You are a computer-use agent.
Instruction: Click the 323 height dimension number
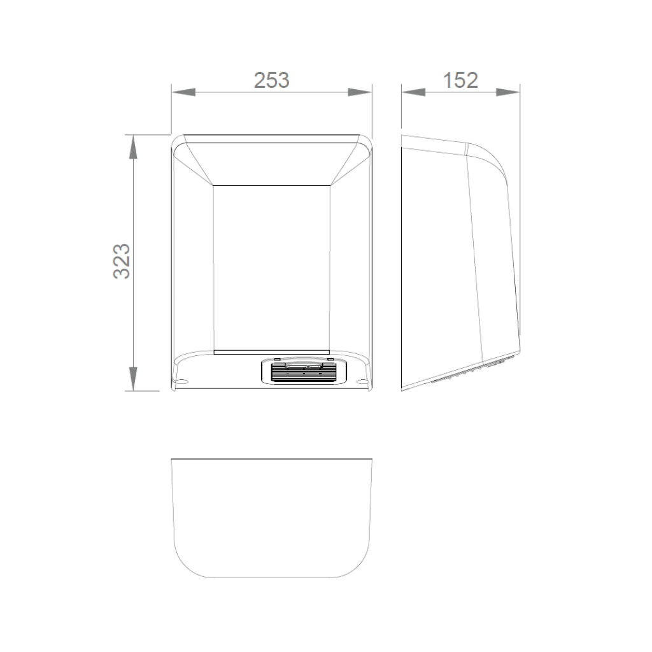coord(122,260)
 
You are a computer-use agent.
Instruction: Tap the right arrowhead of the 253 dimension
coord(360,93)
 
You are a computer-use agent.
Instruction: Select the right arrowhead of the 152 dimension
coord(509,93)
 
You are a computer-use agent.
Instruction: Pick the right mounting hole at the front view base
coord(362,382)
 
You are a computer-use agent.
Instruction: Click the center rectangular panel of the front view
coord(272,267)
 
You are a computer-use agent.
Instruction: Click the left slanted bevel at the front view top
coord(194,164)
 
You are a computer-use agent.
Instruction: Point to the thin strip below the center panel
coord(272,351)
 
